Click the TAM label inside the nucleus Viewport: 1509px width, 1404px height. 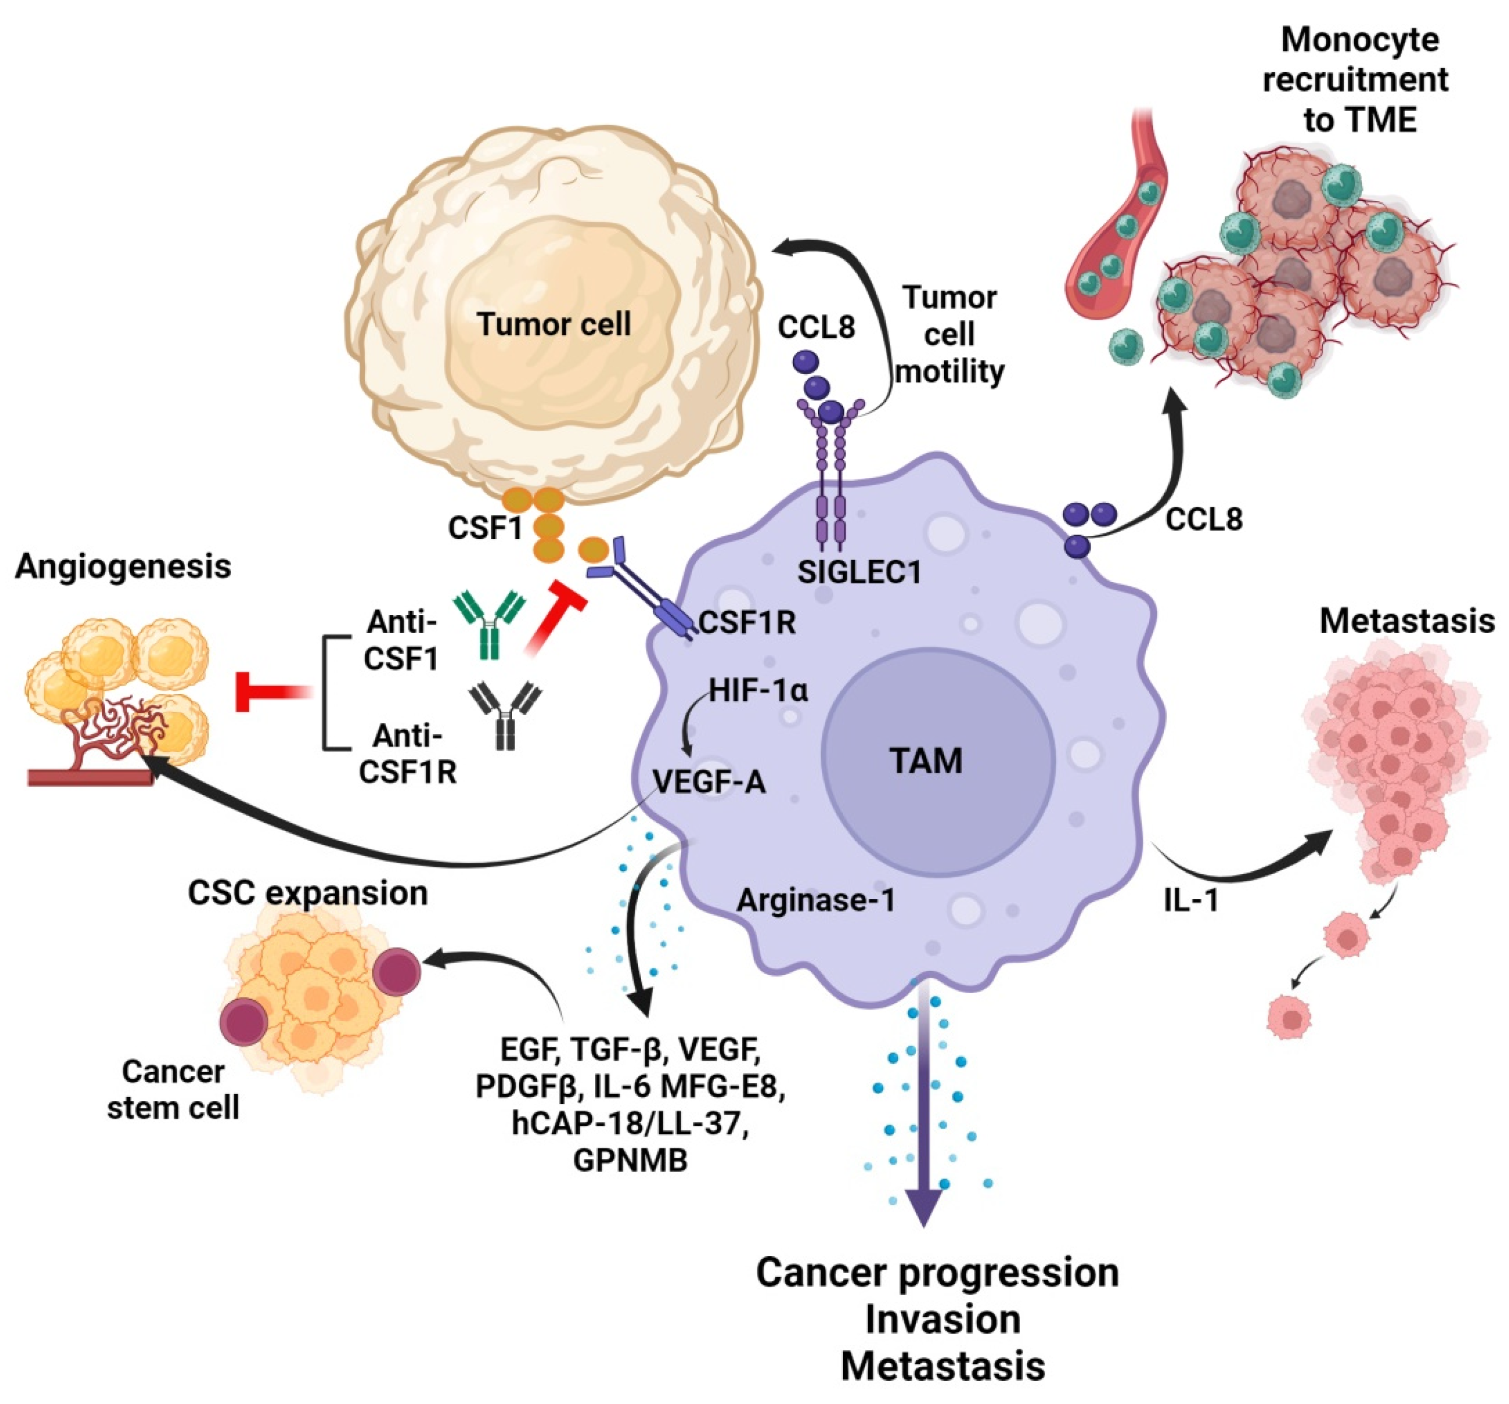pyautogui.click(x=926, y=761)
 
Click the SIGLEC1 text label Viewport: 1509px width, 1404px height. pyautogui.click(x=859, y=572)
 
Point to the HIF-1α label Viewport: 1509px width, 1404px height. pyautogui.click(x=758, y=691)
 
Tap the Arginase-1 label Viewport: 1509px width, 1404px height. pyautogui.click(x=816, y=901)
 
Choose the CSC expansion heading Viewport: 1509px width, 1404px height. pyautogui.click(x=308, y=893)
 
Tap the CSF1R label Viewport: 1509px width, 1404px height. pyautogui.click(x=747, y=623)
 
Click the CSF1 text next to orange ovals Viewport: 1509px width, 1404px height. pyautogui.click(x=485, y=528)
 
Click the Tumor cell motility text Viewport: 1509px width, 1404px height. pyautogui.click(x=950, y=335)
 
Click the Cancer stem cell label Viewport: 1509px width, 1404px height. pyautogui.click(x=173, y=1090)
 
